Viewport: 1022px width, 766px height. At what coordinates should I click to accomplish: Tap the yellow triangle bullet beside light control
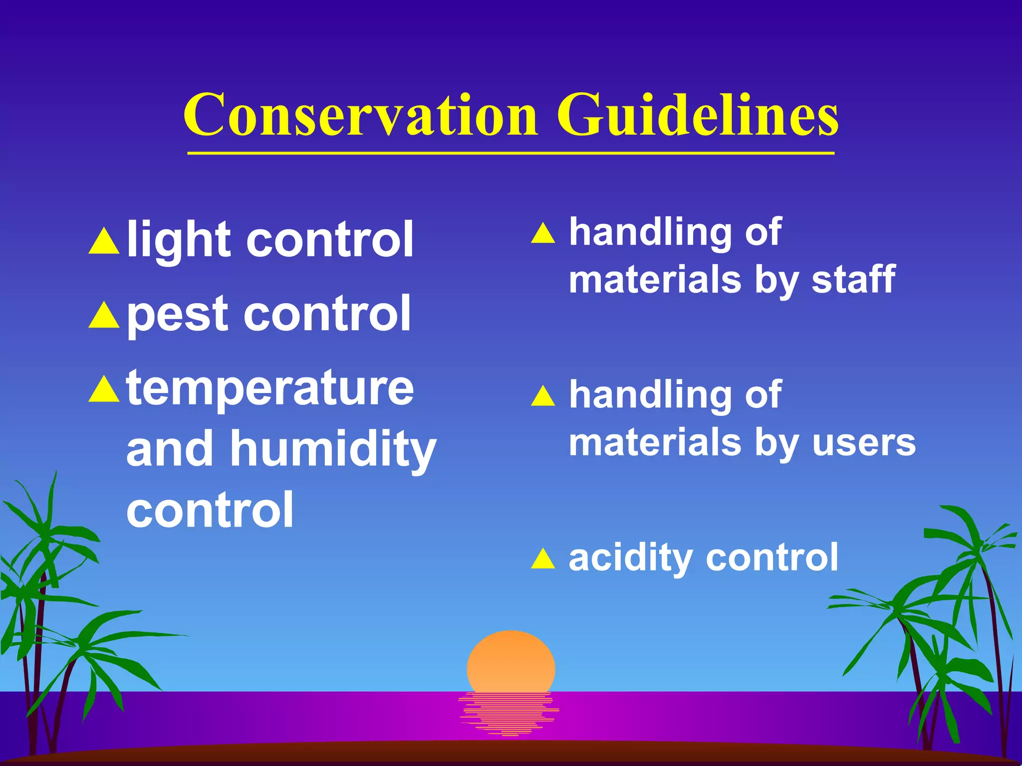tap(104, 242)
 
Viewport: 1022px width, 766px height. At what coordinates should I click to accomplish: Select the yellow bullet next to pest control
tap(104, 316)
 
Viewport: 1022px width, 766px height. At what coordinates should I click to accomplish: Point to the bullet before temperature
tap(104, 390)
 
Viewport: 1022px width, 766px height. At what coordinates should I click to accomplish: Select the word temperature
tap(270, 389)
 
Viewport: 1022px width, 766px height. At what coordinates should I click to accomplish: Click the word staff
tap(853, 279)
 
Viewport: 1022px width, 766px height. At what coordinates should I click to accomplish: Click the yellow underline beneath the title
tap(511, 154)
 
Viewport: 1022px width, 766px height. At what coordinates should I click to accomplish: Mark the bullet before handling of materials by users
tap(543, 396)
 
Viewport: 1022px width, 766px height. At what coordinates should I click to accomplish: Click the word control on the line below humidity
tap(210, 510)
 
